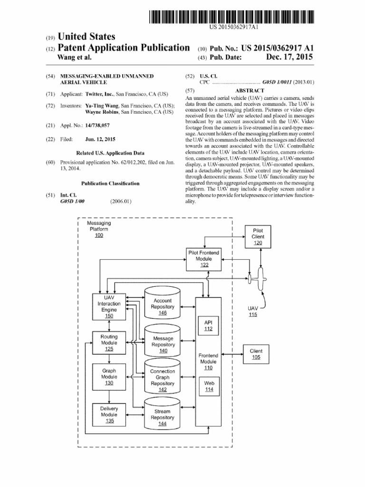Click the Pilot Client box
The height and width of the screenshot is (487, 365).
tap(258, 236)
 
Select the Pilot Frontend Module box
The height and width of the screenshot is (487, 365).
tap(204, 259)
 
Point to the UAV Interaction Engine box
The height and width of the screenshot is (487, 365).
tap(109, 307)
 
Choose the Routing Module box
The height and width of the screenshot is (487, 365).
tap(109, 343)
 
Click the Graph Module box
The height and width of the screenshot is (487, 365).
tap(109, 377)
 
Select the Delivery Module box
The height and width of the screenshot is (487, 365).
tap(109, 414)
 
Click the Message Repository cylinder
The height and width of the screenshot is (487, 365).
tap(163, 343)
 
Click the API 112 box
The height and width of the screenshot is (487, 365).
tap(208, 325)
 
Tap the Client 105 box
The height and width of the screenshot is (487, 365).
tap(256, 354)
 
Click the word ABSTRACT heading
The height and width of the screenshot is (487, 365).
tap(250, 90)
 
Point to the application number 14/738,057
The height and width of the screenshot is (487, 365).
tap(97, 126)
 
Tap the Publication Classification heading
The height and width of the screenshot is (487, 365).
tap(110, 183)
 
